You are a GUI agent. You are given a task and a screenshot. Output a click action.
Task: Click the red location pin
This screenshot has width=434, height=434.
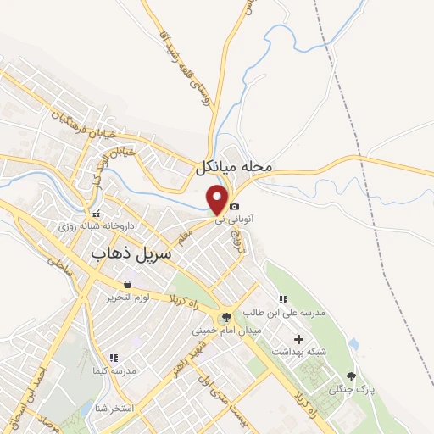[219, 200]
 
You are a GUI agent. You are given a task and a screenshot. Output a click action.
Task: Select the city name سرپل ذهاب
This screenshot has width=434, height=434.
[131, 253]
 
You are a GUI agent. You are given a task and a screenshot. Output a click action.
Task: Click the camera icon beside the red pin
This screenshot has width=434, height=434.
[235, 206]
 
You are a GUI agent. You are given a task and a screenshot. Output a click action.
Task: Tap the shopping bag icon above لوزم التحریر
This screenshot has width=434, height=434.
[127, 285]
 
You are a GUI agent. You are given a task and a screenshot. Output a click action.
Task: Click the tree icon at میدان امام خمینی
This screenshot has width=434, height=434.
[225, 318]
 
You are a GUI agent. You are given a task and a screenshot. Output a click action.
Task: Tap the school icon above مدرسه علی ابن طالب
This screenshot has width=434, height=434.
[283, 299]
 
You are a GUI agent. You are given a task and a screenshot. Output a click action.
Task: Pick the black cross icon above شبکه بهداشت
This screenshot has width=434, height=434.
[298, 339]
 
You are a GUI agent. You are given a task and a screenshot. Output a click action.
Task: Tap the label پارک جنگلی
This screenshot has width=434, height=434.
[352, 389]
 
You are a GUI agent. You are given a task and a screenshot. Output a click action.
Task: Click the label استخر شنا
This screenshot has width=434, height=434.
[115, 408]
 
